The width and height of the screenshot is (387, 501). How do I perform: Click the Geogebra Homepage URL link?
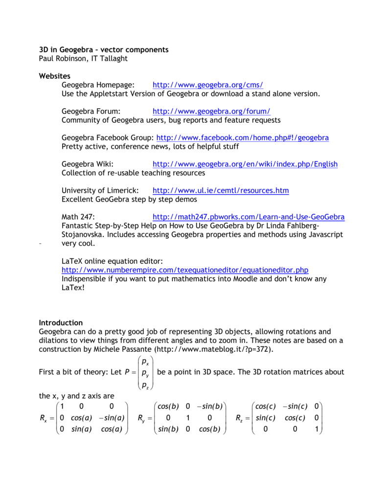208,85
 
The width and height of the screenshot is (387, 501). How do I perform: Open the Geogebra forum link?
211,111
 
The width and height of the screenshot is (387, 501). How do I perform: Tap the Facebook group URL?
242,138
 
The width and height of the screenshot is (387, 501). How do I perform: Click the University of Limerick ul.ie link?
221,190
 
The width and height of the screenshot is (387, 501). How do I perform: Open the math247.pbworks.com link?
249,217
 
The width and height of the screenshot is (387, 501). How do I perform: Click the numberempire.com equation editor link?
185,270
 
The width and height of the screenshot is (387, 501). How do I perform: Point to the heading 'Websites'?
55,76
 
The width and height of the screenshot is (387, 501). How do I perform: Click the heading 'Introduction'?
61,323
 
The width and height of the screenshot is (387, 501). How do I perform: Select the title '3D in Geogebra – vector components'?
104,49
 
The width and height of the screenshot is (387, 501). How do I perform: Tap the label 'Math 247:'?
78,217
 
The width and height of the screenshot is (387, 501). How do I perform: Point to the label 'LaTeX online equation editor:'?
112,261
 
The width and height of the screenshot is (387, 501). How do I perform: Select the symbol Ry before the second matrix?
141,419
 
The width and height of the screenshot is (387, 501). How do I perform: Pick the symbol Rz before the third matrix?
239,419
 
